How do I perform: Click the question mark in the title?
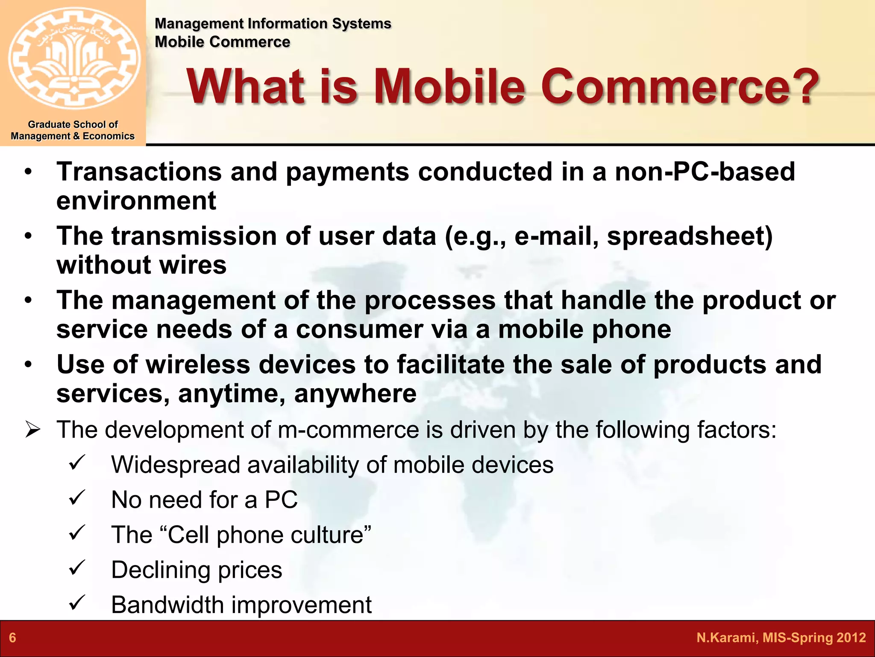[x=802, y=87]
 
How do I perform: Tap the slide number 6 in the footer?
[x=12, y=638]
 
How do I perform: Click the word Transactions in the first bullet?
[x=139, y=172]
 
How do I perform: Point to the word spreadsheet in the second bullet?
[x=689, y=236]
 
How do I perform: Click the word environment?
[x=136, y=201]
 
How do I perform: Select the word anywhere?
[x=355, y=394]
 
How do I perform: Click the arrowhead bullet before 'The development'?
[x=32, y=429]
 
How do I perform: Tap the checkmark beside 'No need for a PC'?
[x=77, y=497]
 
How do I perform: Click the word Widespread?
[x=175, y=465]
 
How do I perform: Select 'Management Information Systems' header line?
[x=273, y=24]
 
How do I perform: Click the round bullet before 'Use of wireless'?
[x=28, y=365]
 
